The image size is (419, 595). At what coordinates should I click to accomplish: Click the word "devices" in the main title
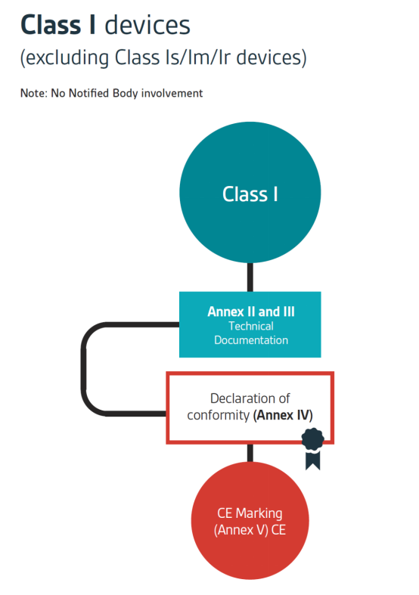click(147, 26)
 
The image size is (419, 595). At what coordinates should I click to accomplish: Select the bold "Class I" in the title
click(57, 26)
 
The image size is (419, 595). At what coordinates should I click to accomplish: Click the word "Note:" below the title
click(34, 93)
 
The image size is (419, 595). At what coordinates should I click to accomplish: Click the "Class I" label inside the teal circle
click(250, 194)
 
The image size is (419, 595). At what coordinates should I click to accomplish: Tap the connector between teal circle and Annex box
click(250, 277)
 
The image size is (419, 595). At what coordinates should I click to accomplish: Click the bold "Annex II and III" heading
click(251, 311)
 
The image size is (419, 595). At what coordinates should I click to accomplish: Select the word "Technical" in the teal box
click(251, 326)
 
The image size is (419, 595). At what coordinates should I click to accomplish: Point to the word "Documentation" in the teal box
click(251, 340)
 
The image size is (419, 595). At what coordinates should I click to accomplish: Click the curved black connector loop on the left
click(83, 369)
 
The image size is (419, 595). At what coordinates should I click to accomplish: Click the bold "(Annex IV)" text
click(283, 415)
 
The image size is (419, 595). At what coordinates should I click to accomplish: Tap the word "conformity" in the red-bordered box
click(219, 416)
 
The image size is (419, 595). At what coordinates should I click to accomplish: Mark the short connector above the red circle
click(250, 453)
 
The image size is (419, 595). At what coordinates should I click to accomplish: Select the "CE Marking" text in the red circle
click(250, 513)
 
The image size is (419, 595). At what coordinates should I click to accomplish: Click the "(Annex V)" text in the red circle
click(241, 530)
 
